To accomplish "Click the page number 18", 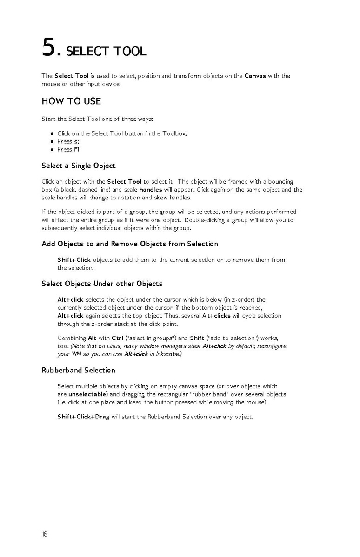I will [x=45, y=534].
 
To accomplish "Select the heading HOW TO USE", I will [x=71, y=101].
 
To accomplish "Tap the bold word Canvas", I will [x=255, y=76].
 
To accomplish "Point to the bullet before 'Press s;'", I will [x=53, y=141].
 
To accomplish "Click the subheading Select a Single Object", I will [x=79, y=166].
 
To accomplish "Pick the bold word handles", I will [x=151, y=190].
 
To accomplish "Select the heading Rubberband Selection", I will [x=78, y=370].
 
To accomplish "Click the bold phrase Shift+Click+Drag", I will [x=83, y=417].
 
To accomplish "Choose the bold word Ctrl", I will [x=117, y=338].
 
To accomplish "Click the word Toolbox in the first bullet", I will [x=174, y=133].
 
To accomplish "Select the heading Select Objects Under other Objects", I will [x=102, y=284].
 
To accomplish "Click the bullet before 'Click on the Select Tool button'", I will [x=53, y=133].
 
